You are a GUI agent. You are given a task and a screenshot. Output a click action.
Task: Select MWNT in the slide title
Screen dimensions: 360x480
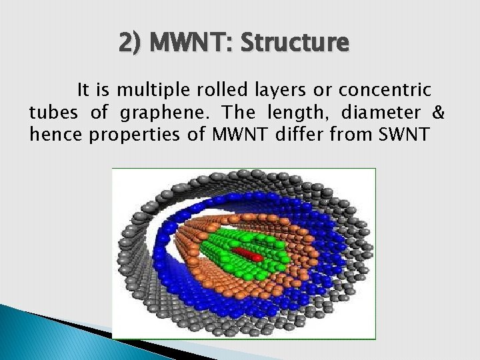[x=190, y=43]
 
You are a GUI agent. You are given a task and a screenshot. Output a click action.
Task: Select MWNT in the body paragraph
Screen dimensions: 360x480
[x=237, y=135]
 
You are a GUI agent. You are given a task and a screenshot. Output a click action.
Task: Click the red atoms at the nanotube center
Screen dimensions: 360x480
[x=248, y=255]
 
